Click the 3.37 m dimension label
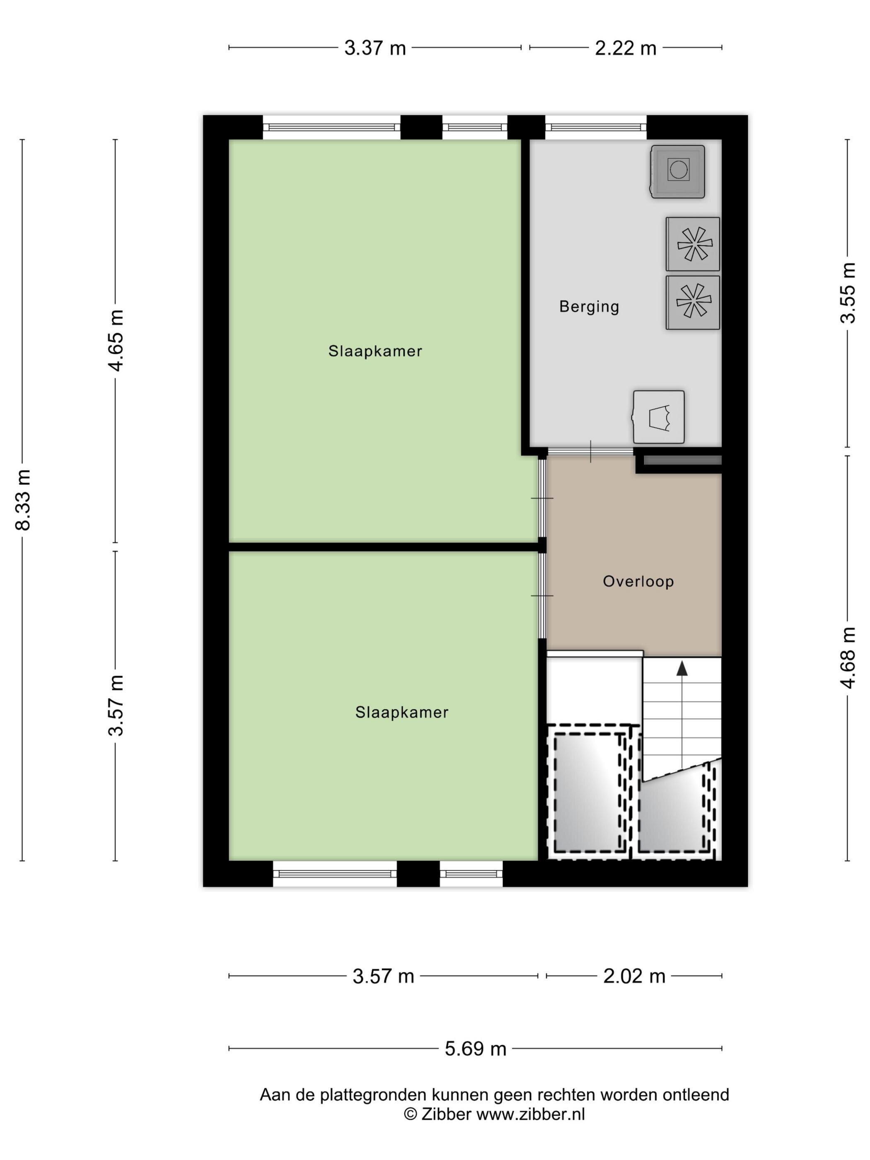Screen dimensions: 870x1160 (375, 48)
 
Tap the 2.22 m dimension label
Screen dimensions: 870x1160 (626, 48)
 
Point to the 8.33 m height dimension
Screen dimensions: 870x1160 (24, 500)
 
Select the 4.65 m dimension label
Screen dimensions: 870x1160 (116, 341)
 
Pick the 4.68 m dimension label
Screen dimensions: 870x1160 (848, 657)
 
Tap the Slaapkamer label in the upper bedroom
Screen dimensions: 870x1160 (375, 351)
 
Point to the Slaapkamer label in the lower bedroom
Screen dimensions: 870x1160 (402, 712)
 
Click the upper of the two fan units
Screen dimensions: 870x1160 (693, 244)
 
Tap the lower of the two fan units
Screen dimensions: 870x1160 (693, 302)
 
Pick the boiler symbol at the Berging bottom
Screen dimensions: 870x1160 (659, 417)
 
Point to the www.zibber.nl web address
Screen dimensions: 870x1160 (530, 1114)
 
